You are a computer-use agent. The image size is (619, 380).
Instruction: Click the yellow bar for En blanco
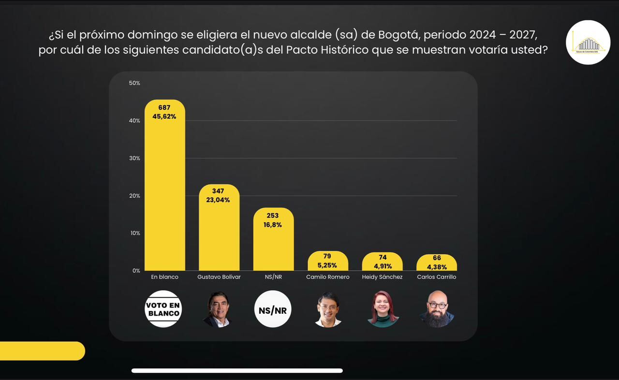click(x=164, y=193)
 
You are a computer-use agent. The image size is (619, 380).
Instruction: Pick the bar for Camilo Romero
click(x=328, y=261)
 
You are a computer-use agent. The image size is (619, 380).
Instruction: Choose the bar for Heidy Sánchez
click(x=382, y=262)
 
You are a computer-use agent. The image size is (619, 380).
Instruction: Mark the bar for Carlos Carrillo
click(x=436, y=263)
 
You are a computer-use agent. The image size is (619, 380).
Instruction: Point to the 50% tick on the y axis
click(x=134, y=83)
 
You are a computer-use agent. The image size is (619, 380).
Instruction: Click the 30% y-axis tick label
click(x=134, y=158)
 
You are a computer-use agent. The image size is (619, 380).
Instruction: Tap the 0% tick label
click(x=136, y=271)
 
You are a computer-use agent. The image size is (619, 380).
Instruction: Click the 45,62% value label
click(x=164, y=117)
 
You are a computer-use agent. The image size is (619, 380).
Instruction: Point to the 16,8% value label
click(x=273, y=224)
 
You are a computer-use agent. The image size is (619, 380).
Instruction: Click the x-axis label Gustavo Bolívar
click(x=219, y=277)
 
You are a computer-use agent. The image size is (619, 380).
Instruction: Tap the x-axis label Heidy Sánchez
click(x=382, y=277)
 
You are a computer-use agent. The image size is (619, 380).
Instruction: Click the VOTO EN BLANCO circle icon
click(x=163, y=309)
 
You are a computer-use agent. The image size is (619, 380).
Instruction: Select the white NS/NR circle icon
click(x=273, y=309)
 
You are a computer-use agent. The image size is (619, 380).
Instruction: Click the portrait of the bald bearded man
click(x=436, y=309)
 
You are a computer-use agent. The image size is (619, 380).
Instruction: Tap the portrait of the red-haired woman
click(x=383, y=309)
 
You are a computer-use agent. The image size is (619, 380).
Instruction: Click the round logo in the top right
click(x=588, y=43)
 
